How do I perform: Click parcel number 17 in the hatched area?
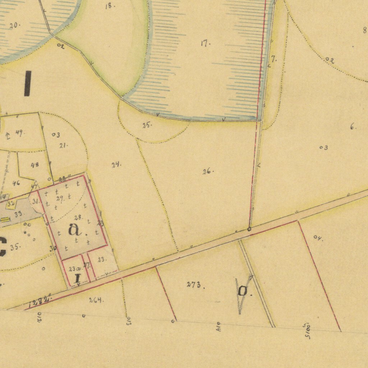(x=205, y=43)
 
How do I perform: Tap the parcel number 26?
(x=207, y=171)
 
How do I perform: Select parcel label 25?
(x=146, y=125)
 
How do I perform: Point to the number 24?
(x=116, y=165)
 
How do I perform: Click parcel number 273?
(x=194, y=285)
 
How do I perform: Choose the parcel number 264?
(x=96, y=300)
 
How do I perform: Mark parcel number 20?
(x=14, y=25)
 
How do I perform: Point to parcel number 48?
(x=34, y=165)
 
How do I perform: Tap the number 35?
(x=15, y=247)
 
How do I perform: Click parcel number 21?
(x=63, y=145)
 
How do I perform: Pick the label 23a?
(x=74, y=268)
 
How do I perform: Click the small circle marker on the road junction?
(x=249, y=229)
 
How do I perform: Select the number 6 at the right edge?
(x=353, y=126)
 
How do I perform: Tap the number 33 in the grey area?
(x=18, y=213)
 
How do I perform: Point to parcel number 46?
(x=16, y=183)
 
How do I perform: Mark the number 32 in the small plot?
(x=10, y=204)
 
